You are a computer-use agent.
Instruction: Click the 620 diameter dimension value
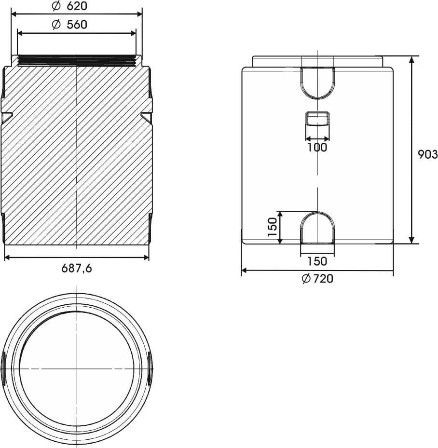(x=77, y=6)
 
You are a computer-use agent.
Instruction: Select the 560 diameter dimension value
(x=77, y=25)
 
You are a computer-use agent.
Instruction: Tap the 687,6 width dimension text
(x=77, y=268)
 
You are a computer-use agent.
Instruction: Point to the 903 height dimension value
(x=428, y=155)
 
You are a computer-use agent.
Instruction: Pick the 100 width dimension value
(x=317, y=148)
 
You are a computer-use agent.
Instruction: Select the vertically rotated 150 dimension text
(x=273, y=227)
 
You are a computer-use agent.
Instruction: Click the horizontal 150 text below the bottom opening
(x=317, y=261)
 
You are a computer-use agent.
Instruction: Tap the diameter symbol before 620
(x=56, y=6)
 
